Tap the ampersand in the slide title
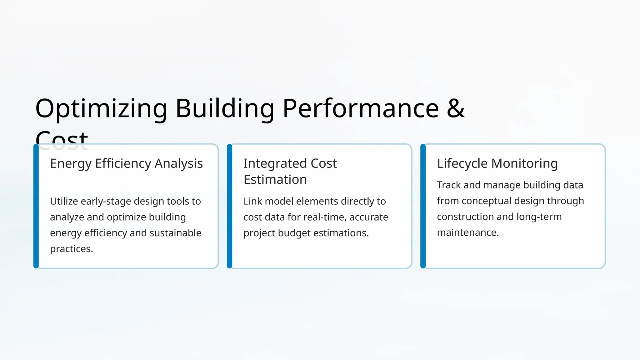tap(456, 108)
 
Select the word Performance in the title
tap(361, 109)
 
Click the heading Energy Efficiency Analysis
tap(126, 163)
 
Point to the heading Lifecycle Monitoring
tap(497, 163)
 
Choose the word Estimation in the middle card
tap(275, 180)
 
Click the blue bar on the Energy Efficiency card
tap(36, 206)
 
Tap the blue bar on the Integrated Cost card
tap(230, 206)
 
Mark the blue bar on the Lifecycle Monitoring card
tap(423, 206)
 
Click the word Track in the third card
tap(449, 185)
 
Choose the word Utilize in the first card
tap(64, 201)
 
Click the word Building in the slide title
tap(225, 109)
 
